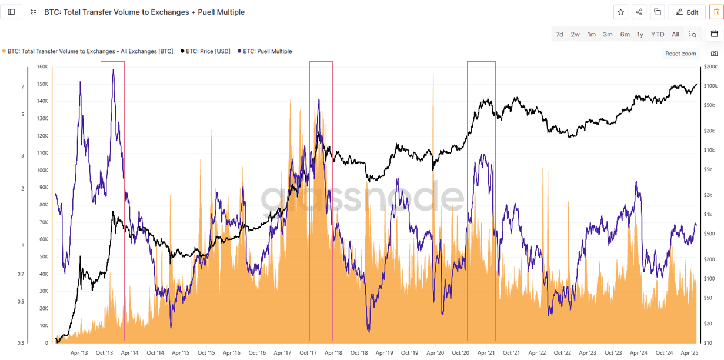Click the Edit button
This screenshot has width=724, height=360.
click(x=686, y=12)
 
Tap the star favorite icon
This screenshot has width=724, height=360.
click(x=620, y=12)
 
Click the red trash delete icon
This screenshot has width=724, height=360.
click(x=716, y=12)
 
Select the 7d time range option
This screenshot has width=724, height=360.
click(x=559, y=34)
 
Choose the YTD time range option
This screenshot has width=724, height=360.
click(x=658, y=34)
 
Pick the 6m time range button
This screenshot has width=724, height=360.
click(x=625, y=34)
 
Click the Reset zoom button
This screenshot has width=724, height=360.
click(x=680, y=54)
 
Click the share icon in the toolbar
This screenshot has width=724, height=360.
click(x=639, y=12)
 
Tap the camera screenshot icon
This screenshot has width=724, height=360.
click(x=714, y=54)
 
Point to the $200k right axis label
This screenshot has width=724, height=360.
click(x=710, y=67)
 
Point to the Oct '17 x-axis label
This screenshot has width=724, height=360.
click(x=308, y=353)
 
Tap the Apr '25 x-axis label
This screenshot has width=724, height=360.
click(x=689, y=353)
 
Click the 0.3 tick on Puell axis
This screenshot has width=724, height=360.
click(x=21, y=343)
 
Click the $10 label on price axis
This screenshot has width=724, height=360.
click(x=708, y=343)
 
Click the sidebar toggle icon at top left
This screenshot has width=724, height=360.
click(x=11, y=12)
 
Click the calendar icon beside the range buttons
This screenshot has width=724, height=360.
click(x=714, y=34)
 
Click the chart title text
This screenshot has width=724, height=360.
click(x=144, y=12)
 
